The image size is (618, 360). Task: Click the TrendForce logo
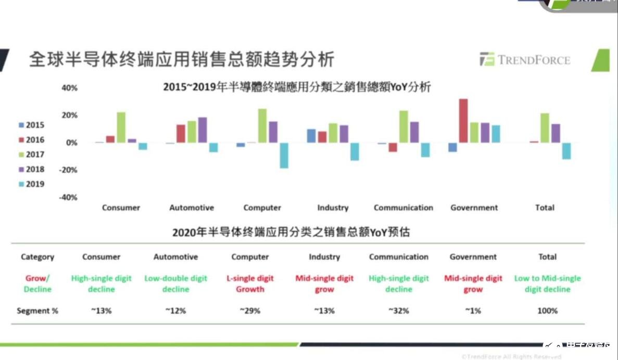tap(524, 60)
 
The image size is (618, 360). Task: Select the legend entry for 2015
tap(31, 125)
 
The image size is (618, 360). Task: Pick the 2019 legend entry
tap(31, 184)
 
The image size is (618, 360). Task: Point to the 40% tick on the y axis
tap(69, 88)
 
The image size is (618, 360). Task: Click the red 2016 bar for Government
tap(463, 121)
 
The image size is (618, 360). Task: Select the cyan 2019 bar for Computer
tap(284, 155)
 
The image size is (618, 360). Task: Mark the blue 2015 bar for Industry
tap(311, 136)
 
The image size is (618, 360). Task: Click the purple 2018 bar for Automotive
tap(203, 130)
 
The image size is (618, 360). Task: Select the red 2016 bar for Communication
tap(393, 147)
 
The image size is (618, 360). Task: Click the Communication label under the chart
tap(403, 208)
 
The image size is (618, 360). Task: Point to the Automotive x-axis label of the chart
tap(192, 208)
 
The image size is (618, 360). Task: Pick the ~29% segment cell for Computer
tap(250, 311)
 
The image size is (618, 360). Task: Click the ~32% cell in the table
tap(398, 311)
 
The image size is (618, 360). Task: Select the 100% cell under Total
tap(547, 311)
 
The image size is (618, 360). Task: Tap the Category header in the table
tap(37, 257)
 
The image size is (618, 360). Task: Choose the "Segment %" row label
tap(37, 311)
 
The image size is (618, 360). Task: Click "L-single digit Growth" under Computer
tap(250, 284)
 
